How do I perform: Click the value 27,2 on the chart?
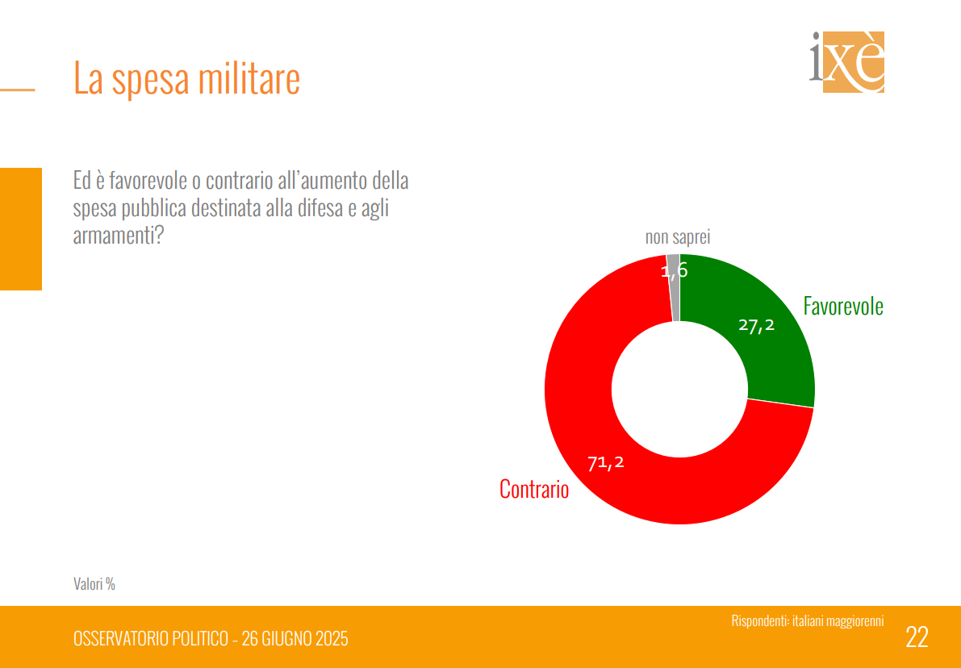pos(756,325)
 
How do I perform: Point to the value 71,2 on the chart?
pos(606,463)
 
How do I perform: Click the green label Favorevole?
pos(843,307)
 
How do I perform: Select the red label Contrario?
pos(534,489)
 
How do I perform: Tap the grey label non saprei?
pos(678,237)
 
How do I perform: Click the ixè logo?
pos(847,61)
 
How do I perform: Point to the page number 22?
pos(917,637)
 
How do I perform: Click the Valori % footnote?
pos(94,583)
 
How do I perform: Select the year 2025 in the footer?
pos(331,639)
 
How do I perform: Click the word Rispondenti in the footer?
pos(759,621)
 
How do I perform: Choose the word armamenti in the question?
pos(113,235)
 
